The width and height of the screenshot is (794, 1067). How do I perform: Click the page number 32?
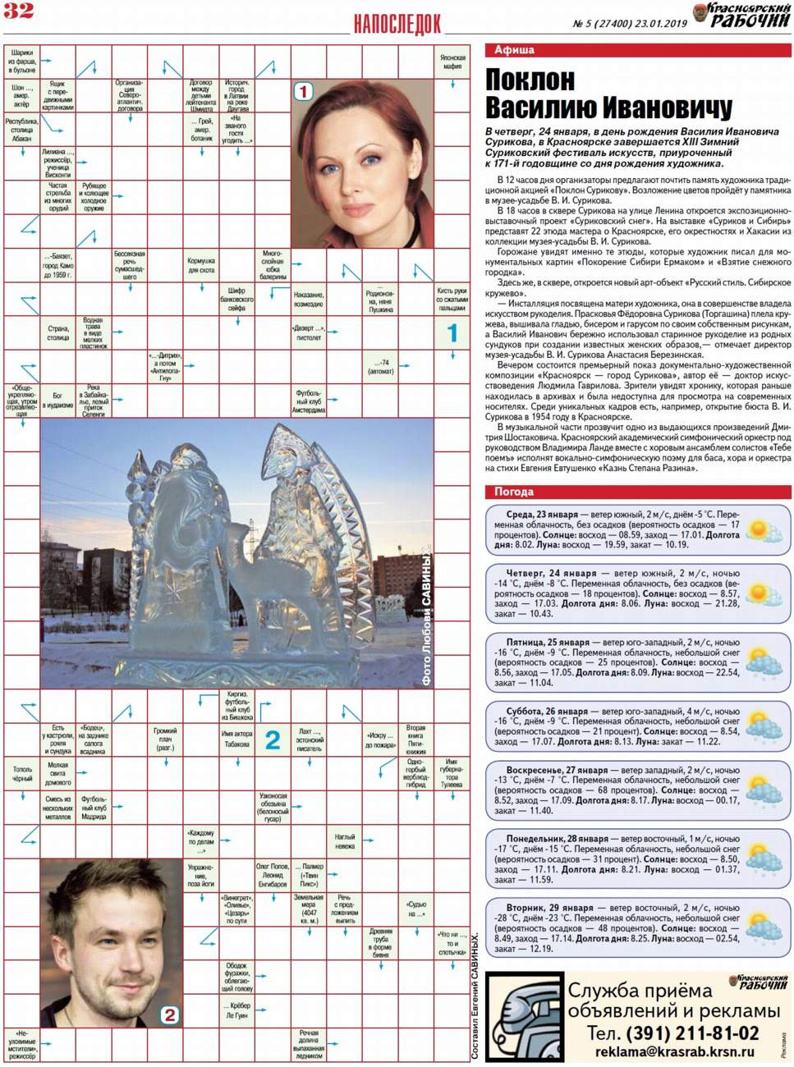[18, 11]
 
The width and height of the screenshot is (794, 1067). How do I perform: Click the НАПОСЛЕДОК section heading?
[397, 25]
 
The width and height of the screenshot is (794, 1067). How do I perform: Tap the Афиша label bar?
[514, 50]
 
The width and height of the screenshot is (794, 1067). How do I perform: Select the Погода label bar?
[514, 492]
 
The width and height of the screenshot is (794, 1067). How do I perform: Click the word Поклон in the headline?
[530, 80]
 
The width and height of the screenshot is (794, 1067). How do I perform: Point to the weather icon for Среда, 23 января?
[764, 529]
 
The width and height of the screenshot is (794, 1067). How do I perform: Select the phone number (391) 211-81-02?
[692, 1033]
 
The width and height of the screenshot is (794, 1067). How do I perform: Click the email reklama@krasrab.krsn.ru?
[674, 1051]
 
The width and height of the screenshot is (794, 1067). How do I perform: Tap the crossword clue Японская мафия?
[452, 62]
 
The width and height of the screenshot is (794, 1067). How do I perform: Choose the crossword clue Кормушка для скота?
[201, 266]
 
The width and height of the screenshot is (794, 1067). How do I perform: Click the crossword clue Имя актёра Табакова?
[236, 739]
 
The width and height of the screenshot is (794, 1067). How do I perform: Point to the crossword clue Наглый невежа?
[345, 841]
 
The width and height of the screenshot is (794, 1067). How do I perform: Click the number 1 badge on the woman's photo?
[303, 91]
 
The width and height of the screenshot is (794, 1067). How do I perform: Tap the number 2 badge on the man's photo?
[169, 1014]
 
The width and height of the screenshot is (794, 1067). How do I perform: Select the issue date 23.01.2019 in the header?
[661, 24]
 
